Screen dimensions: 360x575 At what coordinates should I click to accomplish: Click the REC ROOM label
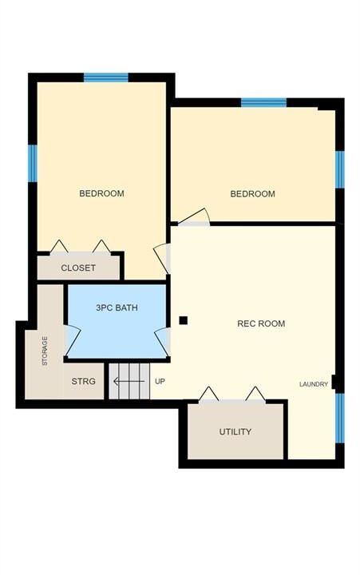pos(261,323)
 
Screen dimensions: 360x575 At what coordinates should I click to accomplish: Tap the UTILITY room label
pos(235,431)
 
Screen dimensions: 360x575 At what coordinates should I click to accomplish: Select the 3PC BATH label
pos(117,307)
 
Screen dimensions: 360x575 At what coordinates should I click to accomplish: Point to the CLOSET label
pos(78,268)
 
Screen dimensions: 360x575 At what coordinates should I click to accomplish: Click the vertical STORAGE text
pos(45,351)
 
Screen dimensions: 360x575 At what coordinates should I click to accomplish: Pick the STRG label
pos(83,382)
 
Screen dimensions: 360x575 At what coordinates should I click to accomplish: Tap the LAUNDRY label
pos(314,384)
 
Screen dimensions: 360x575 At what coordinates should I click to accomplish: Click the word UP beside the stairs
pos(160,382)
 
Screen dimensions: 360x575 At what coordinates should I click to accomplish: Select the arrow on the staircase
pos(129,382)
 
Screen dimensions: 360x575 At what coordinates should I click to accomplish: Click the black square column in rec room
pos(184,320)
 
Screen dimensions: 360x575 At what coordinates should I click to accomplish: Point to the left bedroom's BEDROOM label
pos(101,193)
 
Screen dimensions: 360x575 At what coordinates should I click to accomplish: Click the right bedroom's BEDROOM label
pos(252,193)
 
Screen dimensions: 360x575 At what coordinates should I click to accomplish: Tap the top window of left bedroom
pos(106,77)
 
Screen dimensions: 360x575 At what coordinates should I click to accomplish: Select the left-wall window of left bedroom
pos(33,163)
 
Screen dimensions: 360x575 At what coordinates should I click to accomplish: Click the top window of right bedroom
pos(263,102)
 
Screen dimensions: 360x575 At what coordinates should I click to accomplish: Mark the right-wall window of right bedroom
pos(340,169)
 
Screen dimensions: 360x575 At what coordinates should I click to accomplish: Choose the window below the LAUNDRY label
pos(340,418)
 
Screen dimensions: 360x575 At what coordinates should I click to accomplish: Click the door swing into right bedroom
pos(195,217)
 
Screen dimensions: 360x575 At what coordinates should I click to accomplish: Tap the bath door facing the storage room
pos(73,341)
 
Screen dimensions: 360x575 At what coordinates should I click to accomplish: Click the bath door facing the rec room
pos(162,342)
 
